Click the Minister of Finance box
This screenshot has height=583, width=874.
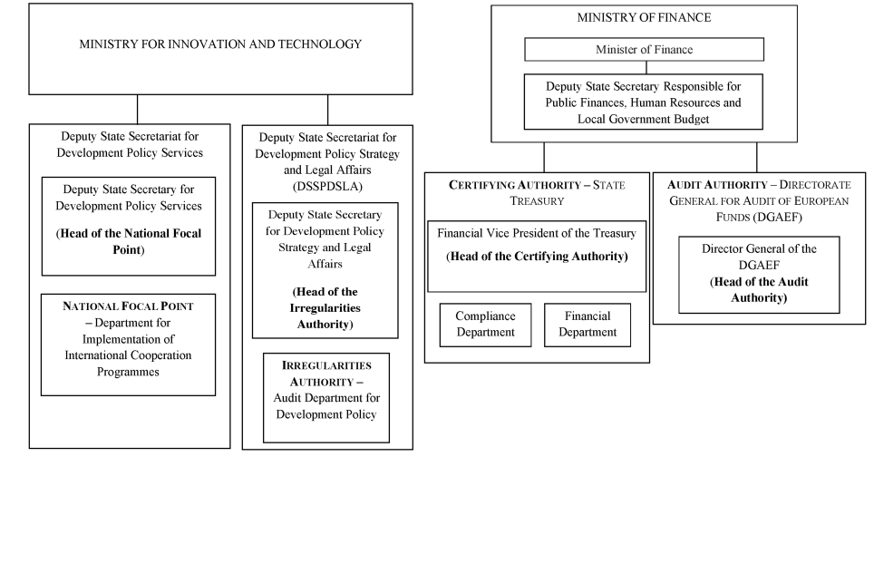click(x=644, y=50)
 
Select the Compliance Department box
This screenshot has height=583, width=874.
click(x=485, y=325)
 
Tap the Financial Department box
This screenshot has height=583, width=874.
click(x=588, y=325)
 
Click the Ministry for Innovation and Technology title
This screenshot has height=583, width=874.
click(x=220, y=44)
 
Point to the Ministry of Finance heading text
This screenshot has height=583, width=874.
click(x=644, y=17)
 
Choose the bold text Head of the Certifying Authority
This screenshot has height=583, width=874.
click(x=537, y=257)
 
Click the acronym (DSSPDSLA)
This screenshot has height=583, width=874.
click(x=328, y=186)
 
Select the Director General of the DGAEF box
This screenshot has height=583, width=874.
click(x=759, y=275)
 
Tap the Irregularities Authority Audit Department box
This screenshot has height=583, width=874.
click(x=326, y=398)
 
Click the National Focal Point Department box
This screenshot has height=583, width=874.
click(x=128, y=345)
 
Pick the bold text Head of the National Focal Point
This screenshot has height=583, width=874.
click(x=129, y=241)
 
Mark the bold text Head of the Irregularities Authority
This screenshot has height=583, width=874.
click(x=325, y=307)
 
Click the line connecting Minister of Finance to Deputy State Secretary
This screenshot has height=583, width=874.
click(x=646, y=67)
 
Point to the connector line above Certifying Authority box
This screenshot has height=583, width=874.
click(x=544, y=157)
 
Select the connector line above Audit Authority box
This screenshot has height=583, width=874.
click(x=757, y=157)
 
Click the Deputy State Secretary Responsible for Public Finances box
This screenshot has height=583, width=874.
click(x=643, y=102)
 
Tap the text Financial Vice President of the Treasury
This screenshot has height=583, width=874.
click(x=537, y=233)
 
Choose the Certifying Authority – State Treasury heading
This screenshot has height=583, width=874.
click(x=537, y=193)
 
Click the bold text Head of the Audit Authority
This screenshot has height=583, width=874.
click(x=759, y=290)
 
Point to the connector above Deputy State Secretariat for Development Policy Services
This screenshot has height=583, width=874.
click(x=137, y=109)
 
